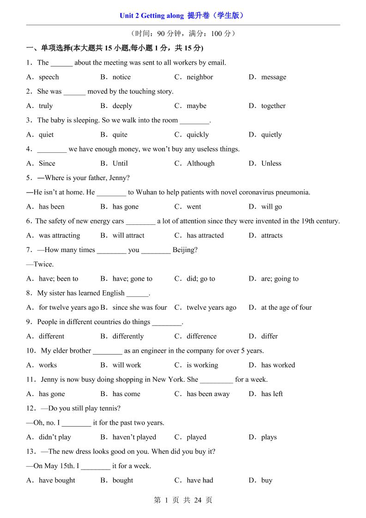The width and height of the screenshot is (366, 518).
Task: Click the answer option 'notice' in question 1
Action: pyautogui.click(x=121, y=77)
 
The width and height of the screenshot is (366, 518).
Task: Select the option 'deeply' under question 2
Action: pyautogui.click(x=122, y=106)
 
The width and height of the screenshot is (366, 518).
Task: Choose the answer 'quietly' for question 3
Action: pyautogui.click(x=271, y=135)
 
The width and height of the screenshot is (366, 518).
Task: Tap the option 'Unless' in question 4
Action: pyautogui.click(x=271, y=163)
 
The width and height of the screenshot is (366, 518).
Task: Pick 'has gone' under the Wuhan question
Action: pyautogui.click(x=126, y=207)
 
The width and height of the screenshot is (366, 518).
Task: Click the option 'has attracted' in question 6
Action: pyautogui.click(x=205, y=235)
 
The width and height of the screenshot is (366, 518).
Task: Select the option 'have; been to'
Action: pyautogui.click(x=59, y=279)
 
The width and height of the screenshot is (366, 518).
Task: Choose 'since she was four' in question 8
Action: pyautogui.click(x=140, y=307)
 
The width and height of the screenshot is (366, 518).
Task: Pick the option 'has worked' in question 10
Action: pyautogui.click(x=278, y=365)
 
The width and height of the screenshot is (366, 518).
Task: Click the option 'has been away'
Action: pyautogui.click(x=208, y=394)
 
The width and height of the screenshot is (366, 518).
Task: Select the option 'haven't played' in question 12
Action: pyautogui.click(x=134, y=437)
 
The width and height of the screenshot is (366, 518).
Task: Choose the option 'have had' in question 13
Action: pyautogui.click(x=200, y=481)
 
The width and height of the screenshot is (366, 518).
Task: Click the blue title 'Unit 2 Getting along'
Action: pyautogui.click(x=151, y=16)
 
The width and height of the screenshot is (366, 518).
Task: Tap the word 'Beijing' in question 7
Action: pyautogui.click(x=185, y=250)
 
